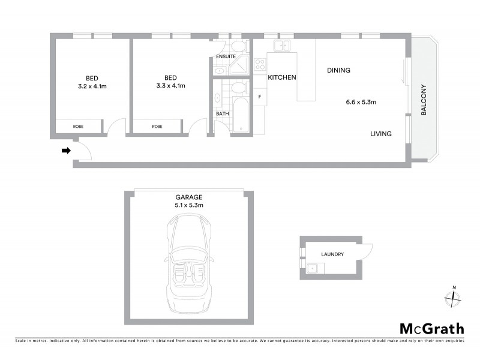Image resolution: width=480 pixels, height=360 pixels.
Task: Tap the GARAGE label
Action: [188, 197]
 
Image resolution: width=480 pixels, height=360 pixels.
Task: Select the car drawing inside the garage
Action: [188, 262]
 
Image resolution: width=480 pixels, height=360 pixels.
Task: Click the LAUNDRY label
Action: [332, 254]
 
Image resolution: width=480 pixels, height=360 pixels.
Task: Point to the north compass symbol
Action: [454, 296]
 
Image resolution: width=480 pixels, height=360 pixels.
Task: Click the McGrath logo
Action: [431, 328]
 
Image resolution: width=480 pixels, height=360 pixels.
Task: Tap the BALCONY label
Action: [423, 100]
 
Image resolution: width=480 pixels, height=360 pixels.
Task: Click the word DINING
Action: [338, 71]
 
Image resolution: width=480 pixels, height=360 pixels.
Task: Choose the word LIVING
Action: [380, 134]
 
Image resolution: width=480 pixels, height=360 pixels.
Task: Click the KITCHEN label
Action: [281, 78]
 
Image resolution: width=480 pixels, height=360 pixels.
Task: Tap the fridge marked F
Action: [260, 97]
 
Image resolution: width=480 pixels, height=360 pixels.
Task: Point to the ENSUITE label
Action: [226, 56]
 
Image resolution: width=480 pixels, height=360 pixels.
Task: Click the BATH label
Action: [221, 113]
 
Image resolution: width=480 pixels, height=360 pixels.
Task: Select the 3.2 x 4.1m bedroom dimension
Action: [92, 86]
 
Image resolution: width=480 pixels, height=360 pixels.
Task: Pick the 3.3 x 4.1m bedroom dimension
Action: [170, 86]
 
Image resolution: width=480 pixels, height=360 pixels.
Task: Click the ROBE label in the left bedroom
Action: [78, 127]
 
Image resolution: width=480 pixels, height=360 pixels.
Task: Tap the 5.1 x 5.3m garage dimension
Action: [188, 205]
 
